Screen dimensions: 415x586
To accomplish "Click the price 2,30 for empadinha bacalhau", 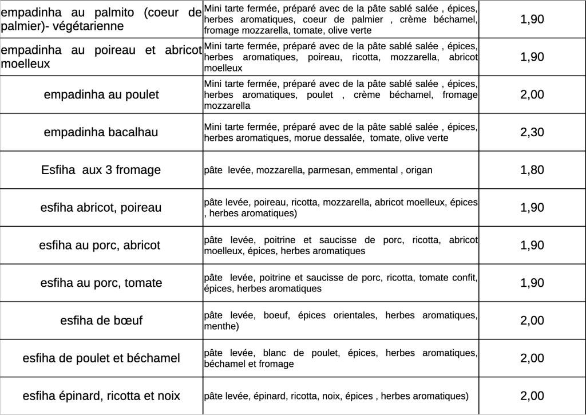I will pos(532,132).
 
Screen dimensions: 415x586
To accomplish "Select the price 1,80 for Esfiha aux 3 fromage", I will pos(532,170).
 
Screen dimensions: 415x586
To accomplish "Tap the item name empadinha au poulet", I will pos(101,94).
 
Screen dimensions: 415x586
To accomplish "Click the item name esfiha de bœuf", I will pos(101,321).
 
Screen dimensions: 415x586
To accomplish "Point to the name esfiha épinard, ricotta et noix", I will pos(101,396).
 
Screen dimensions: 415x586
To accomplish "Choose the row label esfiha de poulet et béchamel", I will pos(101,358).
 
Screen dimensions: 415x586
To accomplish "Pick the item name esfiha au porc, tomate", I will pos(101,283).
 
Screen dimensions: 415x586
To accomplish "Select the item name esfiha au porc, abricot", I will pos(100,246).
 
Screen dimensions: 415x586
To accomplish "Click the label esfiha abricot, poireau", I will pos(101,207).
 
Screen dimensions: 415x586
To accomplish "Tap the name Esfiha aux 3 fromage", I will pos(101,170).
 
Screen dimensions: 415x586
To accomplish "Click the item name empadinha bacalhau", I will pos(101,132).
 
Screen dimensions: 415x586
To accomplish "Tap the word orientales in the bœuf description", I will pos(350,315).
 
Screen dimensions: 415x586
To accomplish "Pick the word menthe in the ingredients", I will pos(219,326).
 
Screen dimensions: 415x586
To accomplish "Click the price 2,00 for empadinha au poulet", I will pos(532,94).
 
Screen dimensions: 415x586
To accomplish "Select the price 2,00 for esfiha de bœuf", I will pos(532,321).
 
